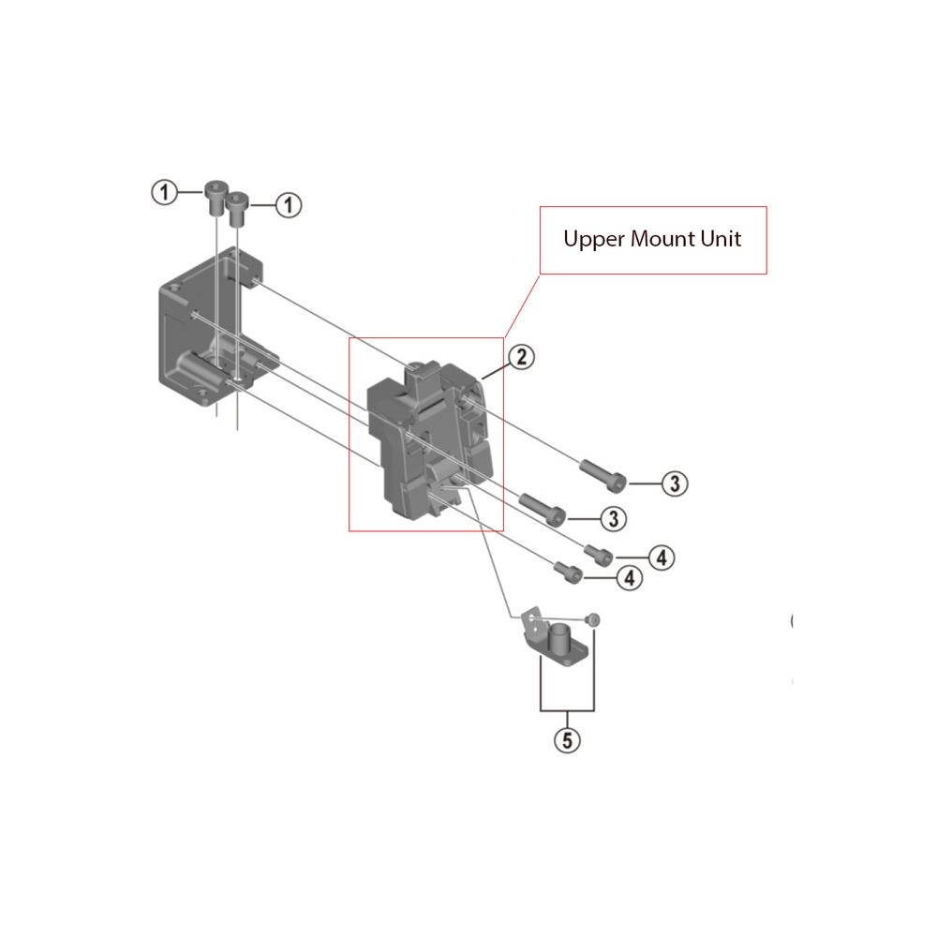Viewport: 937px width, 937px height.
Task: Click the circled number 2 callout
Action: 521,356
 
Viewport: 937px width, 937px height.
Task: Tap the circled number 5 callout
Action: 567,740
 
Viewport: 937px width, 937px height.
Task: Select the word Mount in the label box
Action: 661,239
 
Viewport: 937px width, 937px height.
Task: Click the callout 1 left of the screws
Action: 164,193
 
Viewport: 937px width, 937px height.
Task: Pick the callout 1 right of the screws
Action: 289,204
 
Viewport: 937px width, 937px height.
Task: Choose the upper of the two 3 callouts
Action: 675,483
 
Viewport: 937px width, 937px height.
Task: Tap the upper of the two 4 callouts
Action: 660,558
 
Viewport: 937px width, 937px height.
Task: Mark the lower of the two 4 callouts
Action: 628,578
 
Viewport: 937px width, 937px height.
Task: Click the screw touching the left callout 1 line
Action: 216,195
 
